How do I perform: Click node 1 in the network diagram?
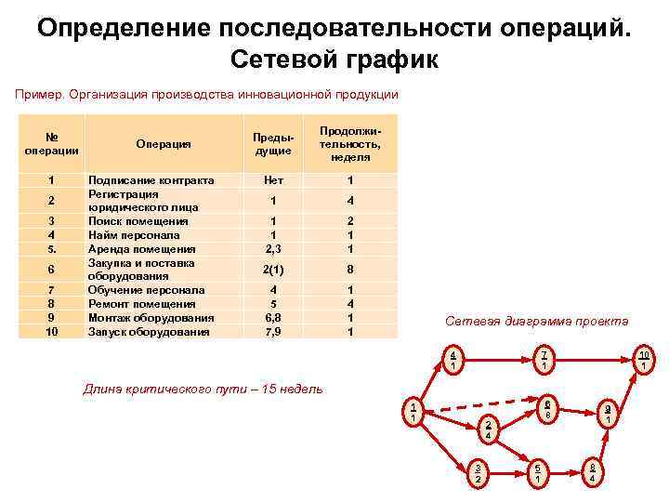(413, 411)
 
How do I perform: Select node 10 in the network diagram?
(643, 359)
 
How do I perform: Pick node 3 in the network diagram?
(478, 473)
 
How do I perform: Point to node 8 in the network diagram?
(591, 472)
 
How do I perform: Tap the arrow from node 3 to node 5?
(506, 472)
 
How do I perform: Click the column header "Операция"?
(163, 143)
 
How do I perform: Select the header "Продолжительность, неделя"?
(349, 143)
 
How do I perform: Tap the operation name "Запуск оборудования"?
(149, 331)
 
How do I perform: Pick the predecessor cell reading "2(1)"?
(273, 270)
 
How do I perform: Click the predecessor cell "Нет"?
(273, 180)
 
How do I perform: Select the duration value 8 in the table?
(349, 270)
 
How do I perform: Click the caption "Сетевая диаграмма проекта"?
(536, 321)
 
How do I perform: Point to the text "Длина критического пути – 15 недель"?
(203, 389)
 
